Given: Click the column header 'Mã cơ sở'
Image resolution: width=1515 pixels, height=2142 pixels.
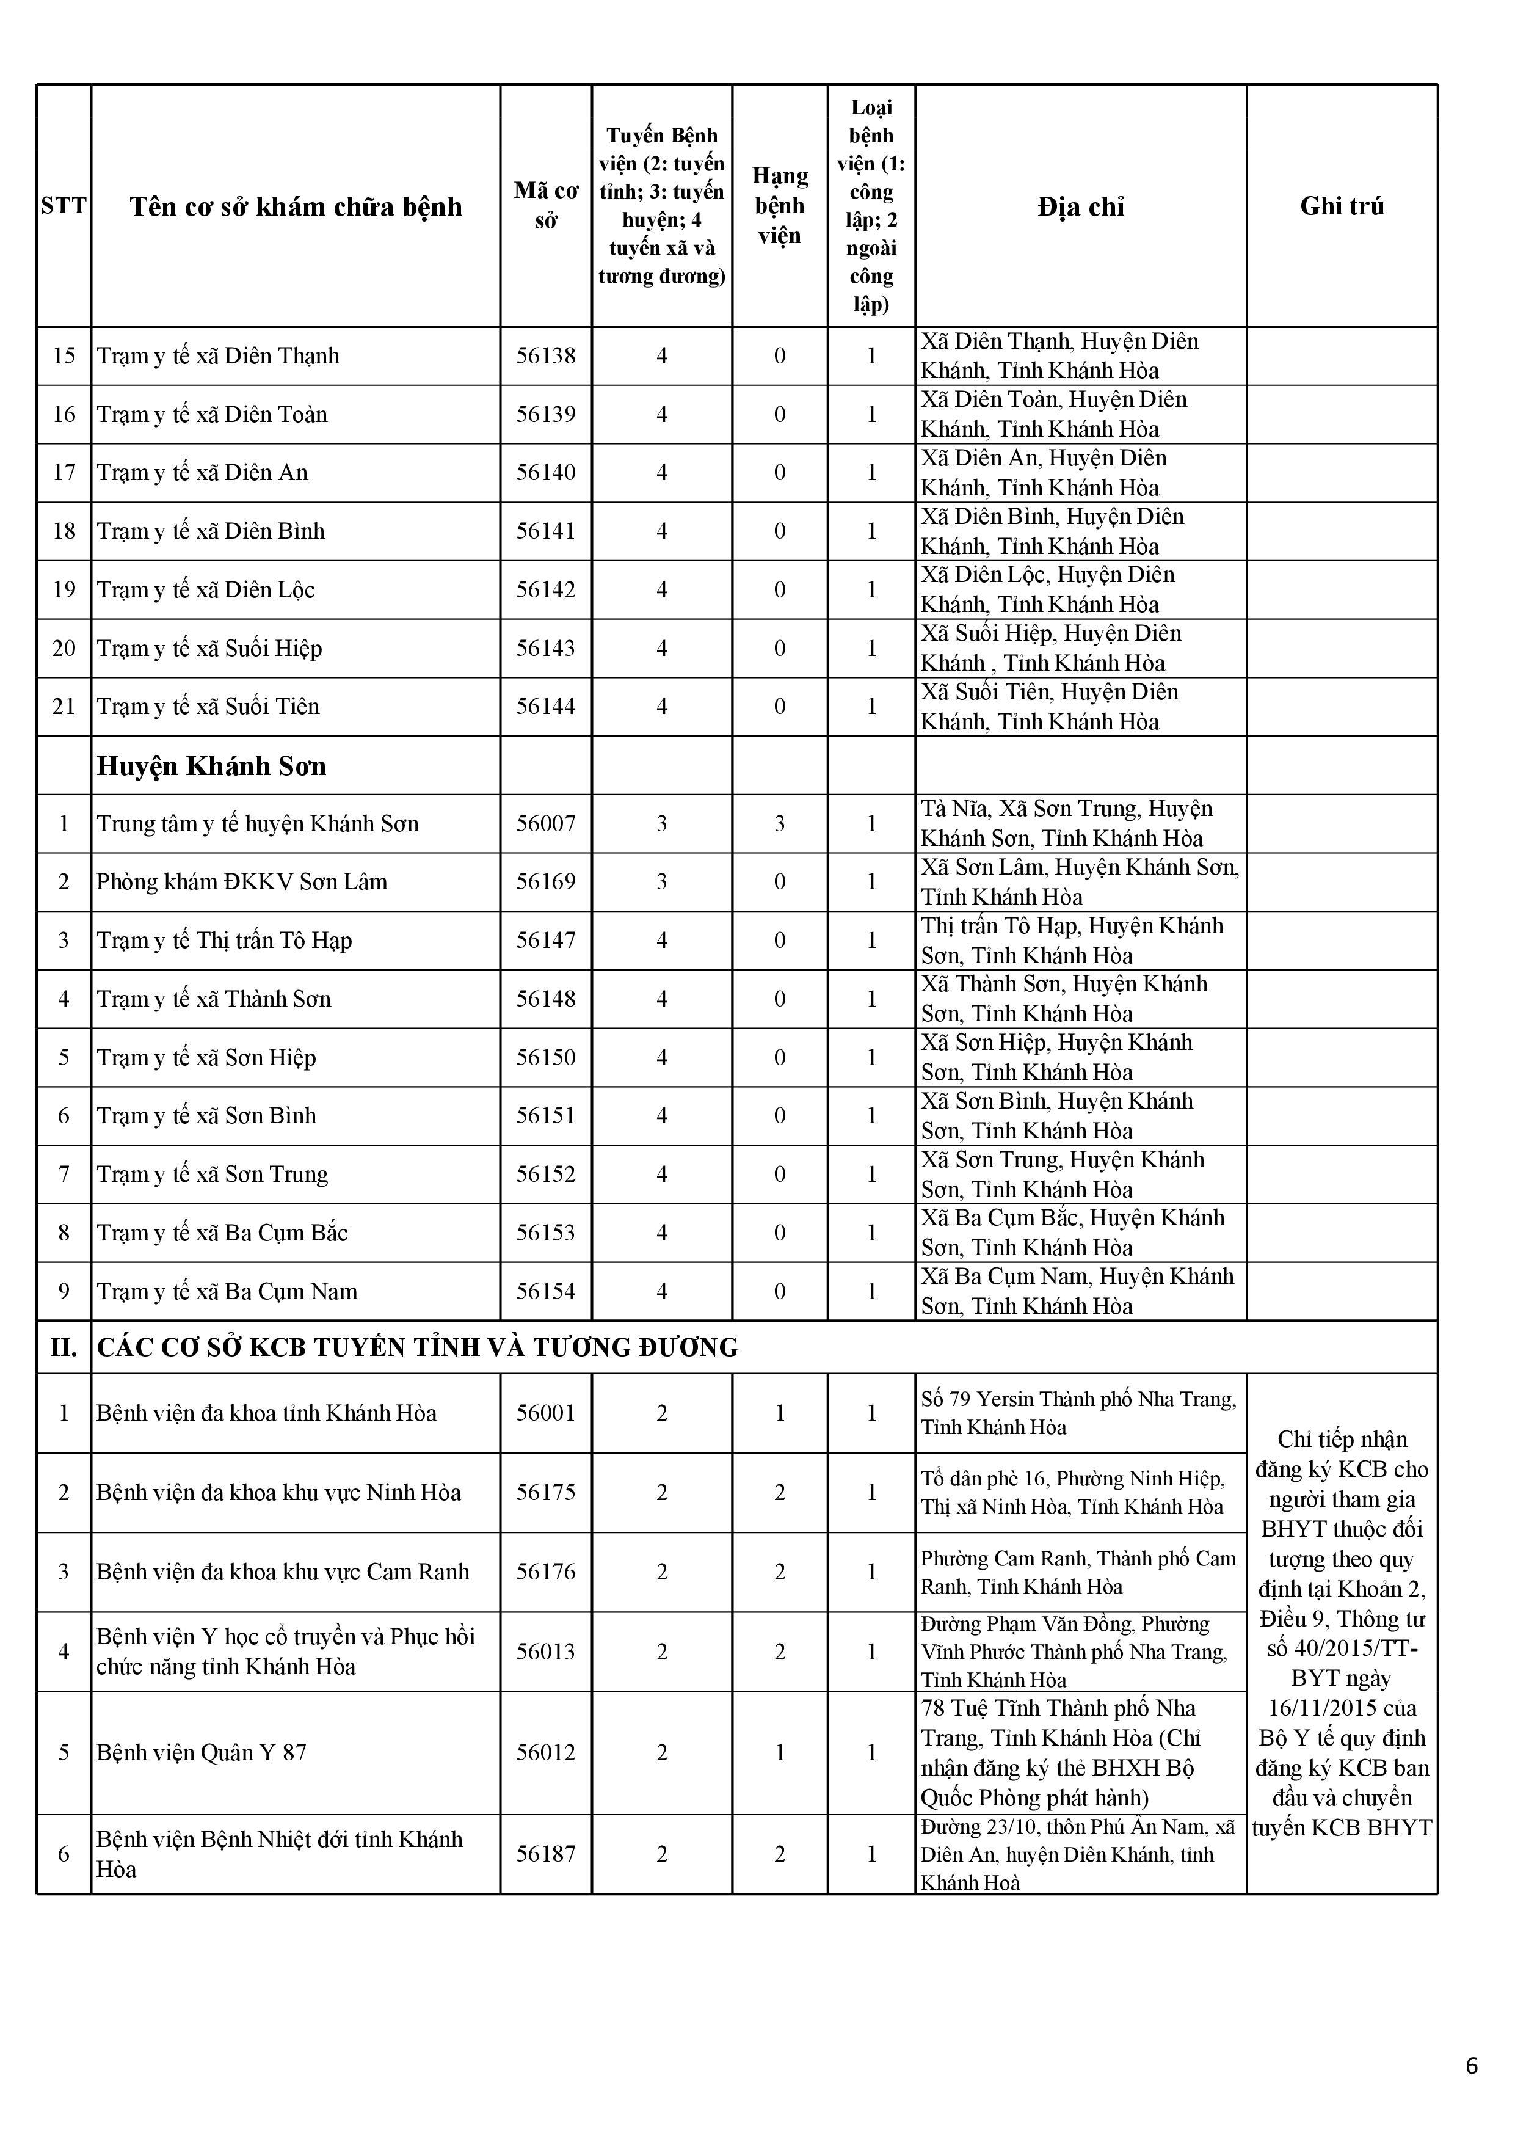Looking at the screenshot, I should [x=546, y=205].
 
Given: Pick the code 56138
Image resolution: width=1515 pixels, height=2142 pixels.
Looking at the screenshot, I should [x=546, y=355].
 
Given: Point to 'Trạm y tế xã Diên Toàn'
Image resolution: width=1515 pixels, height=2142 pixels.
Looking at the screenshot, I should [x=212, y=414].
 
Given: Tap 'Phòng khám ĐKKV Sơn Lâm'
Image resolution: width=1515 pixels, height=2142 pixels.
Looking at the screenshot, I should [x=242, y=881].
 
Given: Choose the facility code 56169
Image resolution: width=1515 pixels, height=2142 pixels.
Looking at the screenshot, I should [x=546, y=881].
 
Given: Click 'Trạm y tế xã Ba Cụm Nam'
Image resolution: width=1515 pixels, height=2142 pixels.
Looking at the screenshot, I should [x=227, y=1291].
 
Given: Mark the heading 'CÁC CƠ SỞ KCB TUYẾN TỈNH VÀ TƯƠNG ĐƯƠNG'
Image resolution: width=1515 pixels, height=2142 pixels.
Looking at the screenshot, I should [x=417, y=1347].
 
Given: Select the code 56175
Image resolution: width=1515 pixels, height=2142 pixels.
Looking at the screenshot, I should [x=546, y=1492].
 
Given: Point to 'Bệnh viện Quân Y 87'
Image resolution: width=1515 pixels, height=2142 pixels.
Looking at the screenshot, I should [x=202, y=1752].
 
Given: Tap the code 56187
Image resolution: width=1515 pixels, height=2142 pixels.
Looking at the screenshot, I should [x=546, y=1854].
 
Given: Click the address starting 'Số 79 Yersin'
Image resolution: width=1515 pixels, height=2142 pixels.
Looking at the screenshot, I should [x=1078, y=1413].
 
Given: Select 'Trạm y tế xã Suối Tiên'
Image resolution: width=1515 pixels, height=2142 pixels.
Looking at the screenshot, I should [x=208, y=706].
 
